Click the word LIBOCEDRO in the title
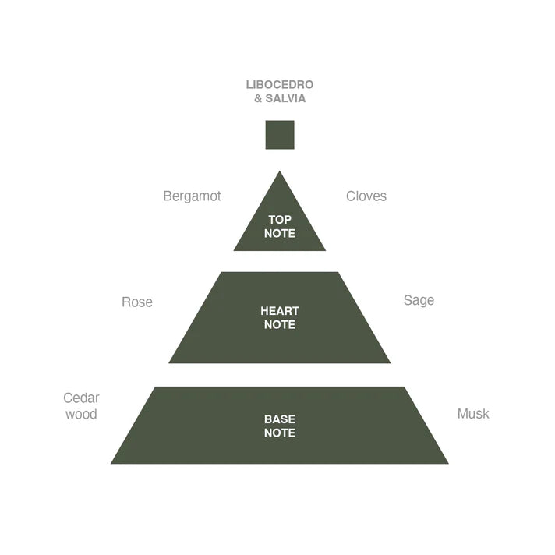coord(280,85)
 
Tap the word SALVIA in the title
coord(285,98)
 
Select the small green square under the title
coord(280,135)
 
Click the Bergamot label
coord(192,196)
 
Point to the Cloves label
coord(366,196)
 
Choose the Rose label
coord(137,302)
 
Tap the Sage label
coord(419,301)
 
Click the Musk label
coord(473,413)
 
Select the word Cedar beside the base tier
coord(81,398)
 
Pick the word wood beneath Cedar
coord(81,414)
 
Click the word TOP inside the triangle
coord(280,220)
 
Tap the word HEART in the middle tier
coord(280,311)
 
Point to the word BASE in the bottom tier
coord(280,419)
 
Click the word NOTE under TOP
coord(280,233)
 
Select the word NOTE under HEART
coord(280,324)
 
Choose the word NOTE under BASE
coord(280,433)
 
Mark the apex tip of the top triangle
coord(280,171)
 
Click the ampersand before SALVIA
coord(258,98)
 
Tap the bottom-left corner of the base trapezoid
coord(111,463)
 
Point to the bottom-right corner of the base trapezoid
coord(448,463)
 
